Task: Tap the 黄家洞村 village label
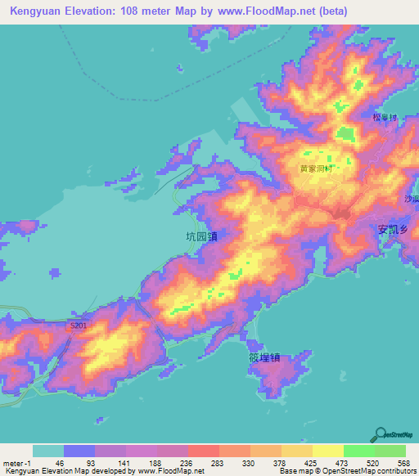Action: (x=315, y=169)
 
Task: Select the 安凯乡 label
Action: (x=394, y=230)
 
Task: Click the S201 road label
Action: (x=79, y=326)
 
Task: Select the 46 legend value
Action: (x=59, y=464)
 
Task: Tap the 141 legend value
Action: (x=121, y=464)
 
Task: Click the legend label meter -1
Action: (x=16, y=464)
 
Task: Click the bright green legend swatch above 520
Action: (x=358, y=451)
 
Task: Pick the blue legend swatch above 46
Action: (x=79, y=451)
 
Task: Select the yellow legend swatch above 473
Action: (x=327, y=451)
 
